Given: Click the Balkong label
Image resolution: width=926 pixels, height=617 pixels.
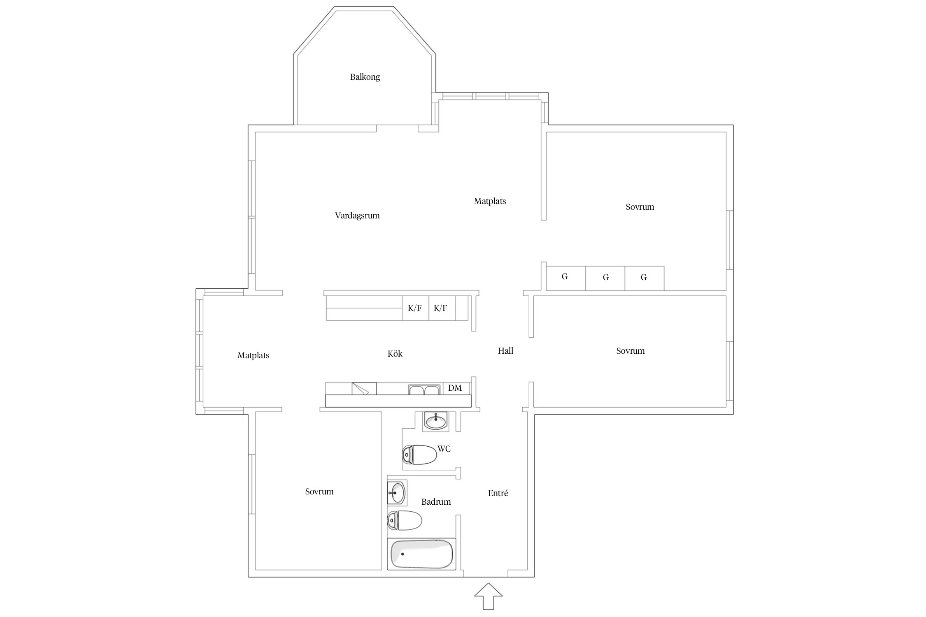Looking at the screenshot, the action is click(365, 77).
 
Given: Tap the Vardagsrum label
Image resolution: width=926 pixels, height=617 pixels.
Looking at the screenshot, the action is click(357, 216).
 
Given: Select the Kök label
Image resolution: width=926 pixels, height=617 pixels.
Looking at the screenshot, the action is click(395, 354).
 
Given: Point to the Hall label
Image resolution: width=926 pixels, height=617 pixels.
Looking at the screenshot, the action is click(505, 351).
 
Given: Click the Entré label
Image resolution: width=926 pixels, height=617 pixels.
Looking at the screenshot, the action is click(498, 493).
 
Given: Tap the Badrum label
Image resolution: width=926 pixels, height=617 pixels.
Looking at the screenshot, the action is click(436, 502).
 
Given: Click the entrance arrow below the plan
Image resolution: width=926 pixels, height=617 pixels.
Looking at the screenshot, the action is click(489, 596).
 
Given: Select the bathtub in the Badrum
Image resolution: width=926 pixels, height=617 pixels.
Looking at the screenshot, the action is click(421, 554).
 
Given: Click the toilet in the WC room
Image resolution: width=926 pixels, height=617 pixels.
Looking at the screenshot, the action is click(419, 455).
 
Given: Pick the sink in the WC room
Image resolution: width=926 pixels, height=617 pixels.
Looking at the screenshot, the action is click(436, 422).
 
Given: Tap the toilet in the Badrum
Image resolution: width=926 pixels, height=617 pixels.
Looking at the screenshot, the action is click(405, 521).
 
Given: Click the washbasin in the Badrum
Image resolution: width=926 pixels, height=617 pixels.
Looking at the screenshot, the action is click(397, 492).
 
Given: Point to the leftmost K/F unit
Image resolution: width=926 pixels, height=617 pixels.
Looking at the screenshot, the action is click(415, 308).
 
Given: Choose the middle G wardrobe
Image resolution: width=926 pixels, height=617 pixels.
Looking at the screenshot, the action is click(605, 278).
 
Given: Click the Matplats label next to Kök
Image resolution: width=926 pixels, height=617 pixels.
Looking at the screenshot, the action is click(254, 355).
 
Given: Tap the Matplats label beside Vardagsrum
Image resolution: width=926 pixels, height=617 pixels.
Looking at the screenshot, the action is click(490, 201).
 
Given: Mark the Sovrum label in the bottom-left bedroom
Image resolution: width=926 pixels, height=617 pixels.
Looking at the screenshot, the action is click(319, 492).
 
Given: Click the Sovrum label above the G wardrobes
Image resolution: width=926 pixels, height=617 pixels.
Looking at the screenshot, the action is click(640, 207).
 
